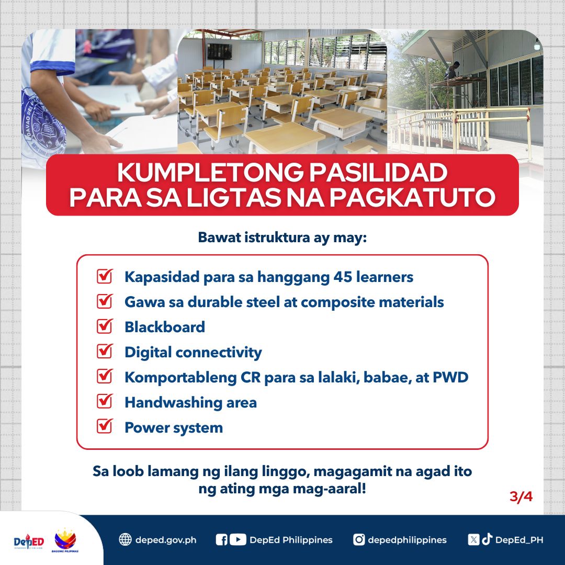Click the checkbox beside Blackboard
[x=105, y=326]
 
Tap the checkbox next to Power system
[x=105, y=427]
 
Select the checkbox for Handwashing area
[x=105, y=402]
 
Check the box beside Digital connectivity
[x=105, y=352]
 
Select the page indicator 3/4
[x=521, y=496]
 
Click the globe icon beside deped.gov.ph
[x=125, y=540]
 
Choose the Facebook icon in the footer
[x=222, y=540]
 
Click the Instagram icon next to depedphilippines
[x=359, y=540]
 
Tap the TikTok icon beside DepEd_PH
[x=487, y=540]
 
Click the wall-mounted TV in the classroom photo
[x=219, y=52]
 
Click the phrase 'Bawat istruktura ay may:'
[x=282, y=238]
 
